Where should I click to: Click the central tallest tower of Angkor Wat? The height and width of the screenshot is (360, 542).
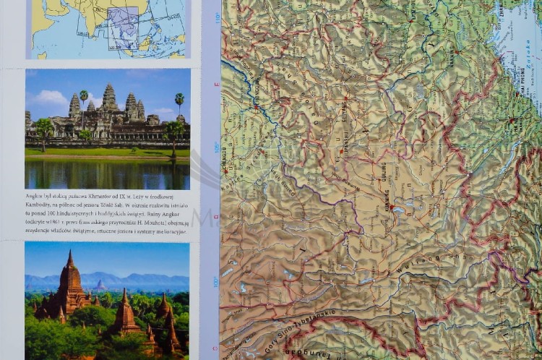(x=109, y=96)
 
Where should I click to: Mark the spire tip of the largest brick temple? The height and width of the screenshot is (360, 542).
(x=70, y=252)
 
